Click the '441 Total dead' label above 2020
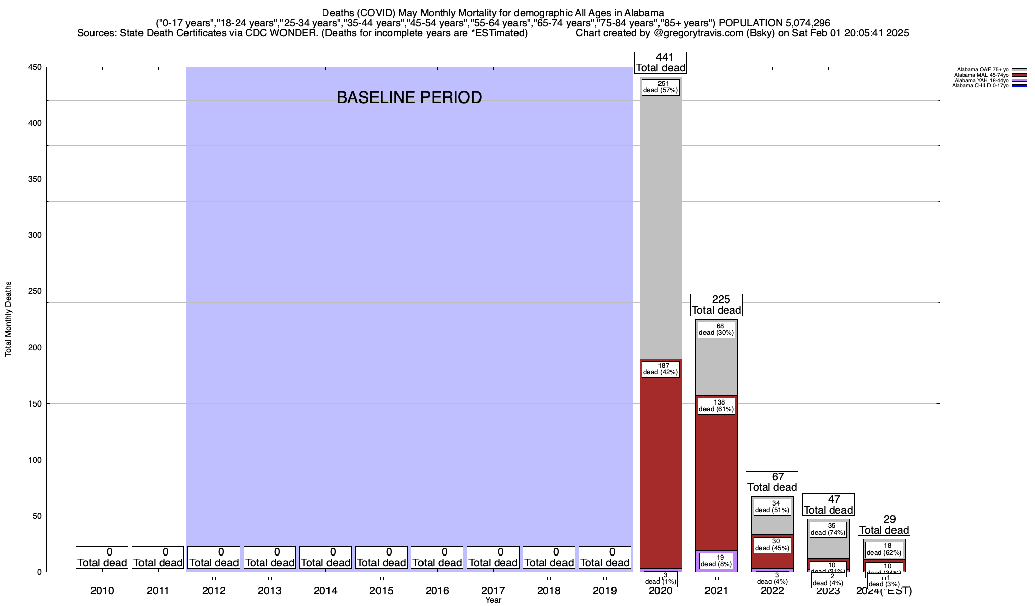coord(661,63)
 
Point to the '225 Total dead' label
coord(716,305)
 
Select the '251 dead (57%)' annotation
coord(661,87)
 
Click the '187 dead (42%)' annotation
coord(661,369)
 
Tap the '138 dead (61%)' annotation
coord(716,406)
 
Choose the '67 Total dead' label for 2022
coord(772,482)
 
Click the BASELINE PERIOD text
coord(409,97)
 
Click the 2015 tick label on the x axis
coord(382,591)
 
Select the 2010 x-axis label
coord(102,591)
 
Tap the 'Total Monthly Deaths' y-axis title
coord(8,319)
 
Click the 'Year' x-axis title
coord(493,600)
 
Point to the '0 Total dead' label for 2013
coord(269,558)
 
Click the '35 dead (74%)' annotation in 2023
coord(828,529)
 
